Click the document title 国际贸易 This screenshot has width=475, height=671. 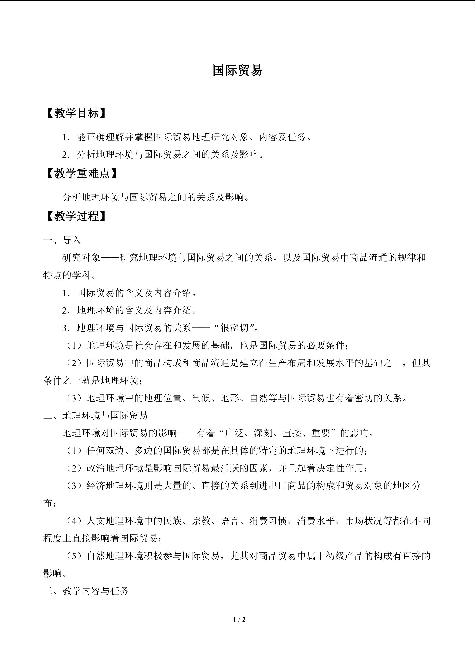[237, 70]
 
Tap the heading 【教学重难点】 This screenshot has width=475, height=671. [82, 174]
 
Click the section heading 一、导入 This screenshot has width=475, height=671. [62, 240]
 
